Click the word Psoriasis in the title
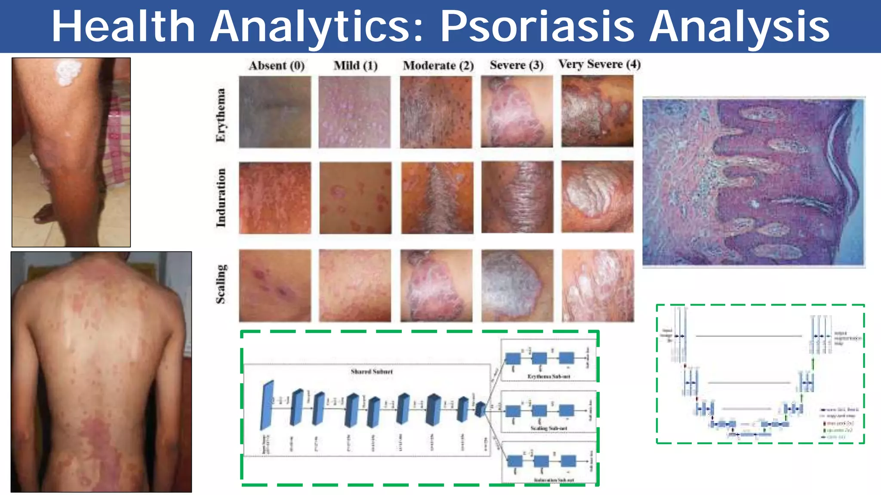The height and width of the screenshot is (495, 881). coord(537,27)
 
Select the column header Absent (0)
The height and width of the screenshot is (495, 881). coord(276,66)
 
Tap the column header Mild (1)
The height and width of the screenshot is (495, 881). coord(355,66)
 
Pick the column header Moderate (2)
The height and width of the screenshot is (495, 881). coord(438,66)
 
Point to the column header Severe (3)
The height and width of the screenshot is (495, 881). coord(516,65)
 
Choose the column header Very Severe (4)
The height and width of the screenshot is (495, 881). coord(599,64)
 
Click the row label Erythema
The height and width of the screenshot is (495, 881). coord(221,115)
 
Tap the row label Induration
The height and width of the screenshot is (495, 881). coord(221,198)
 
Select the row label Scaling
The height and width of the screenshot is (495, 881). coord(221,284)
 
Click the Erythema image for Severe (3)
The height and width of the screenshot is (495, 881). coord(517,112)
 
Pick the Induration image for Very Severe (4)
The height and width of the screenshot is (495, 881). coord(597,197)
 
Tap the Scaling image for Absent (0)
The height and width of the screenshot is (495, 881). coord(275,286)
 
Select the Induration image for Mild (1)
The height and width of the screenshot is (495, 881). coord(355,198)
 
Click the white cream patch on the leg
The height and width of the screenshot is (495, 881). coord(68,73)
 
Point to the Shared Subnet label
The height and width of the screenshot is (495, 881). coord(372,372)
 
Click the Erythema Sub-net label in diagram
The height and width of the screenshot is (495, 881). coord(548,376)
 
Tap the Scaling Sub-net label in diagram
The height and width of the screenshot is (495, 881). coord(548,428)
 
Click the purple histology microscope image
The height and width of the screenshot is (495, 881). coord(753,182)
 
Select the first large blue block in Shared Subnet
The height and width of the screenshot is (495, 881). coord(267,405)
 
